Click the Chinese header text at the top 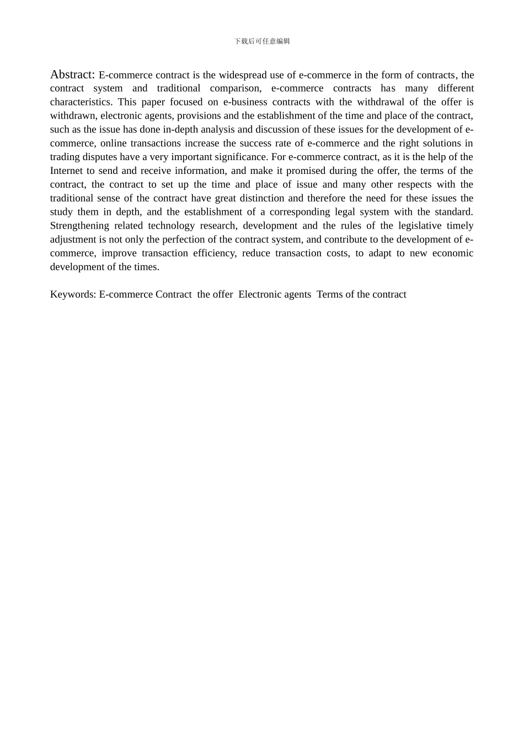[x=262, y=41]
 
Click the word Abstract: [x=72, y=75]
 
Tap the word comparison [x=236, y=88]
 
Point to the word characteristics [x=81, y=102]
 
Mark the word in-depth [x=186, y=130]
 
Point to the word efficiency [x=215, y=253]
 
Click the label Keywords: [x=73, y=294]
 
